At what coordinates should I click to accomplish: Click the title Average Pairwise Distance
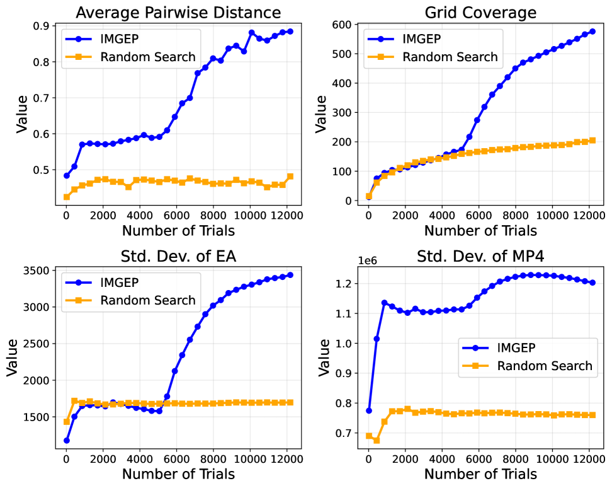pos(178,12)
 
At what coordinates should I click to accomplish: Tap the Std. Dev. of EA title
pos(178,257)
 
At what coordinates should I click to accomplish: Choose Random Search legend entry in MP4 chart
pos(545,366)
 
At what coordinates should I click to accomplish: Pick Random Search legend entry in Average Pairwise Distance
pos(148,57)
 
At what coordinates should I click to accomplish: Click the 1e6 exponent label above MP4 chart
pos(370,260)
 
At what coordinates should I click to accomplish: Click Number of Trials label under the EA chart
pos(178,473)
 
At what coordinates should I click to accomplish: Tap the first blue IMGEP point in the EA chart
pos(67,440)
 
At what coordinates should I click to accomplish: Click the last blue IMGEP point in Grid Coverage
pos(592,32)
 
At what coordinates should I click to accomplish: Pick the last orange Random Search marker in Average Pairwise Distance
pos(290,177)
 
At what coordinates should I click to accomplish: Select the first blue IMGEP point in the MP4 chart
pos(369,410)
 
